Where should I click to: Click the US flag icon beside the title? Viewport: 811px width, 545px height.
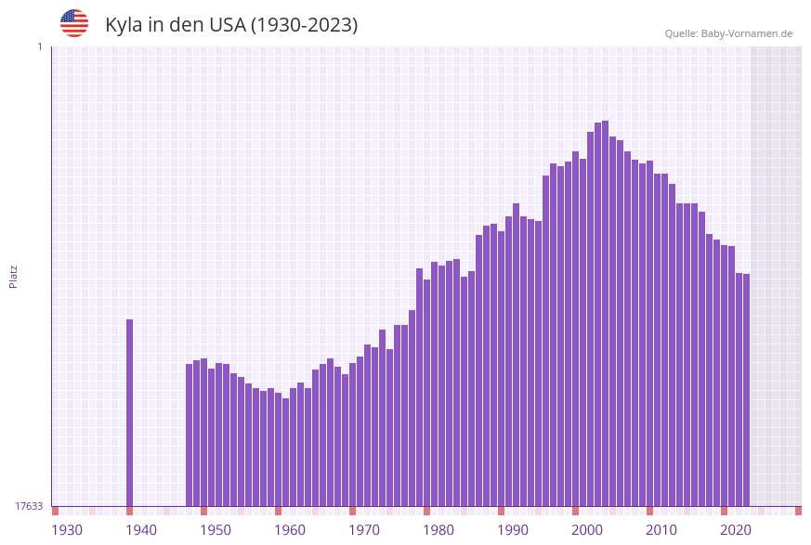[x=74, y=23]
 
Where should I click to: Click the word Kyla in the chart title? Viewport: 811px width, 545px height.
[x=124, y=25]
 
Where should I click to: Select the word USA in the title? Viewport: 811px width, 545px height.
[x=228, y=25]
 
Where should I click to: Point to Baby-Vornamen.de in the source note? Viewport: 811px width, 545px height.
[x=747, y=33]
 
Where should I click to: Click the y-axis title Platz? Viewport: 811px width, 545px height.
[x=14, y=276]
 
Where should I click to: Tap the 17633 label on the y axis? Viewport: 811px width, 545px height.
[x=29, y=506]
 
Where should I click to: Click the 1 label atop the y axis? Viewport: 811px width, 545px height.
[x=39, y=46]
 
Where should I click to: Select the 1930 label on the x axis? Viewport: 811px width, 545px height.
[x=67, y=530]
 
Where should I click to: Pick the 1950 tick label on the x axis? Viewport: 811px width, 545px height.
[x=216, y=530]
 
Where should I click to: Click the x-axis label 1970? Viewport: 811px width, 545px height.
[x=364, y=530]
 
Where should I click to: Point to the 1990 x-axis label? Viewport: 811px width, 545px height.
[x=513, y=530]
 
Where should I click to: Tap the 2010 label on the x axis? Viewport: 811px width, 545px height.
[x=661, y=530]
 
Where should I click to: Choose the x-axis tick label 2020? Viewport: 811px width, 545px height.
[x=736, y=530]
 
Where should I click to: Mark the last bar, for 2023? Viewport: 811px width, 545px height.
[x=746, y=390]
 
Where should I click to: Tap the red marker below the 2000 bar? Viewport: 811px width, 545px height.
[x=575, y=511]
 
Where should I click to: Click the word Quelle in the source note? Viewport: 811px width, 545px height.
[x=681, y=33]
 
